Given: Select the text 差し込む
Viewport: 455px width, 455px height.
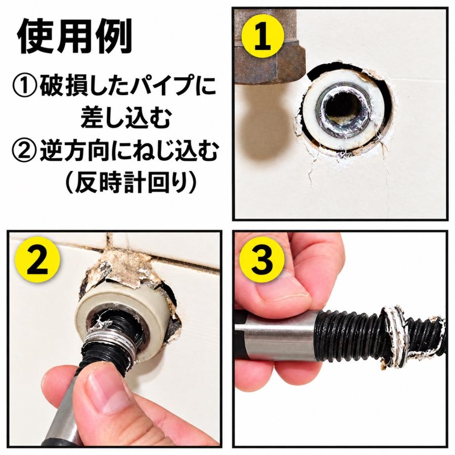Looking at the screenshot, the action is [x=125, y=119].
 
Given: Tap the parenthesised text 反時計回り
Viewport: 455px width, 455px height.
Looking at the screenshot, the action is [x=130, y=183].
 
